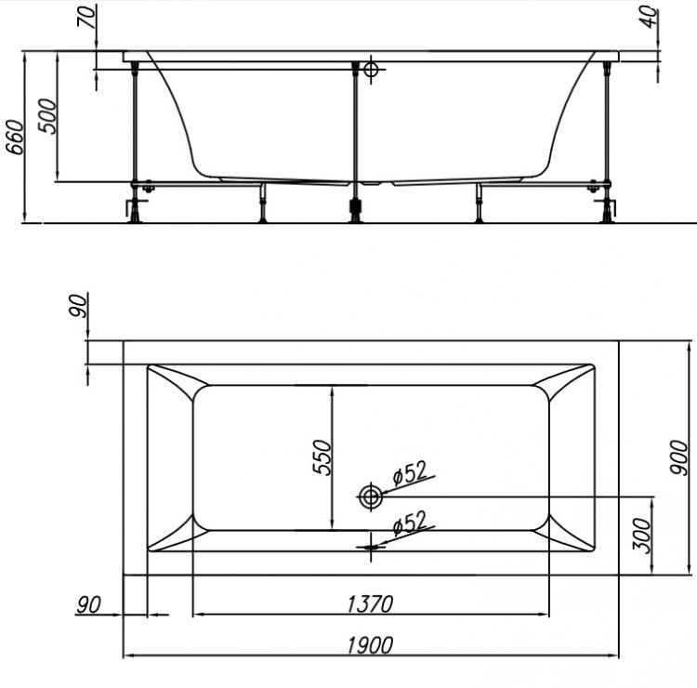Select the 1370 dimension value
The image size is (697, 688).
(x=371, y=604)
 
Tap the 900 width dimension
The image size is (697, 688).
(x=680, y=458)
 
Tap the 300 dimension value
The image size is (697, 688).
(x=642, y=537)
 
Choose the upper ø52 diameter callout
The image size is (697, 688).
(x=410, y=473)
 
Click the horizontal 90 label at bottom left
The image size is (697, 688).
(x=88, y=605)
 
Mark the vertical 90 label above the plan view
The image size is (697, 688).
(x=80, y=306)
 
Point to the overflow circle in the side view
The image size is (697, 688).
(x=373, y=69)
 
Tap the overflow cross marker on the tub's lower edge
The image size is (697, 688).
(x=371, y=547)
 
